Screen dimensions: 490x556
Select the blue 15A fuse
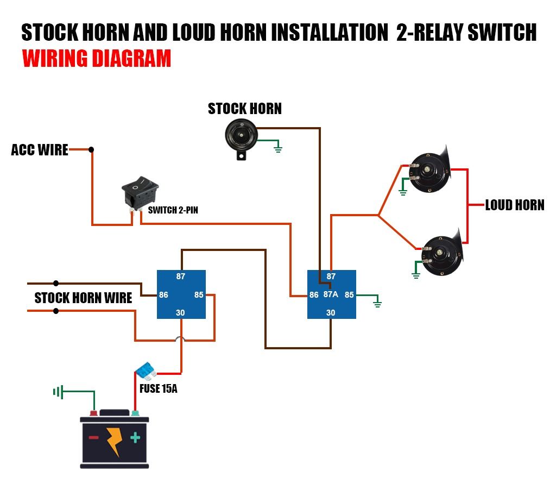[145, 372]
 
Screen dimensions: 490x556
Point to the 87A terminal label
[331, 294]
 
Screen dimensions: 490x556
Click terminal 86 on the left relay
[163, 295]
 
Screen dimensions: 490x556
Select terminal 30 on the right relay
[331, 312]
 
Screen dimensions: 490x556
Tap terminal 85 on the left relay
[199, 295]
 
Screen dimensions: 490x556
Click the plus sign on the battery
[134, 438]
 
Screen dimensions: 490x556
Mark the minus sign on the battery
[94, 438]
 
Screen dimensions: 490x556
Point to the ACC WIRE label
[40, 150]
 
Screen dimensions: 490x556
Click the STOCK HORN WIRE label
[83, 298]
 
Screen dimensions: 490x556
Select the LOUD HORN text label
[514, 205]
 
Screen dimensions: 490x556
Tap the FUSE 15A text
[158, 388]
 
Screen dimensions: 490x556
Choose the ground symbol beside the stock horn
[278, 147]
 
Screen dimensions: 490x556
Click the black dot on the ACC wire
[91, 149]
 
